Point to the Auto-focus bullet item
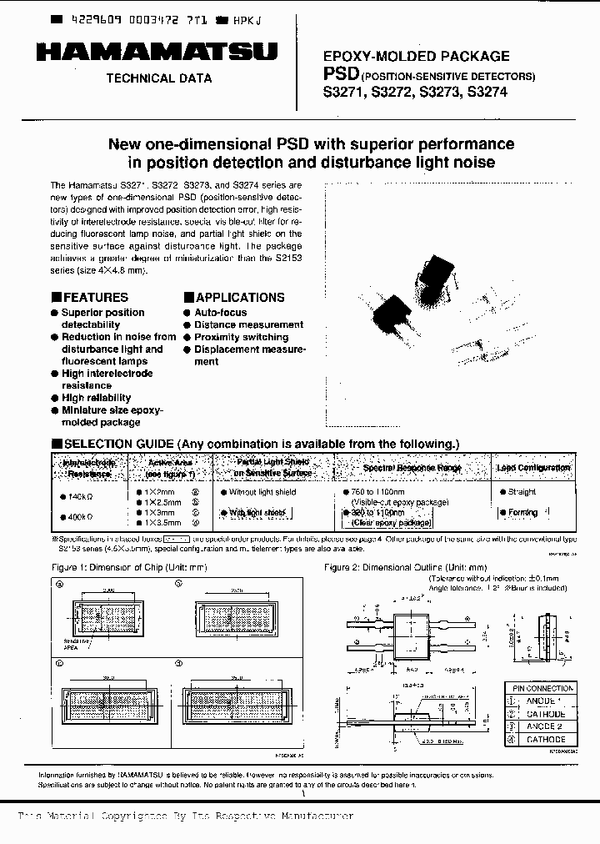220,313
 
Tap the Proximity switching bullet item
241,337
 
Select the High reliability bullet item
97,399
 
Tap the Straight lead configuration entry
522,492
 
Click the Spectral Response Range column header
412,468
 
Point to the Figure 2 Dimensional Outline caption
405,567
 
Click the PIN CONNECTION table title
539,689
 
